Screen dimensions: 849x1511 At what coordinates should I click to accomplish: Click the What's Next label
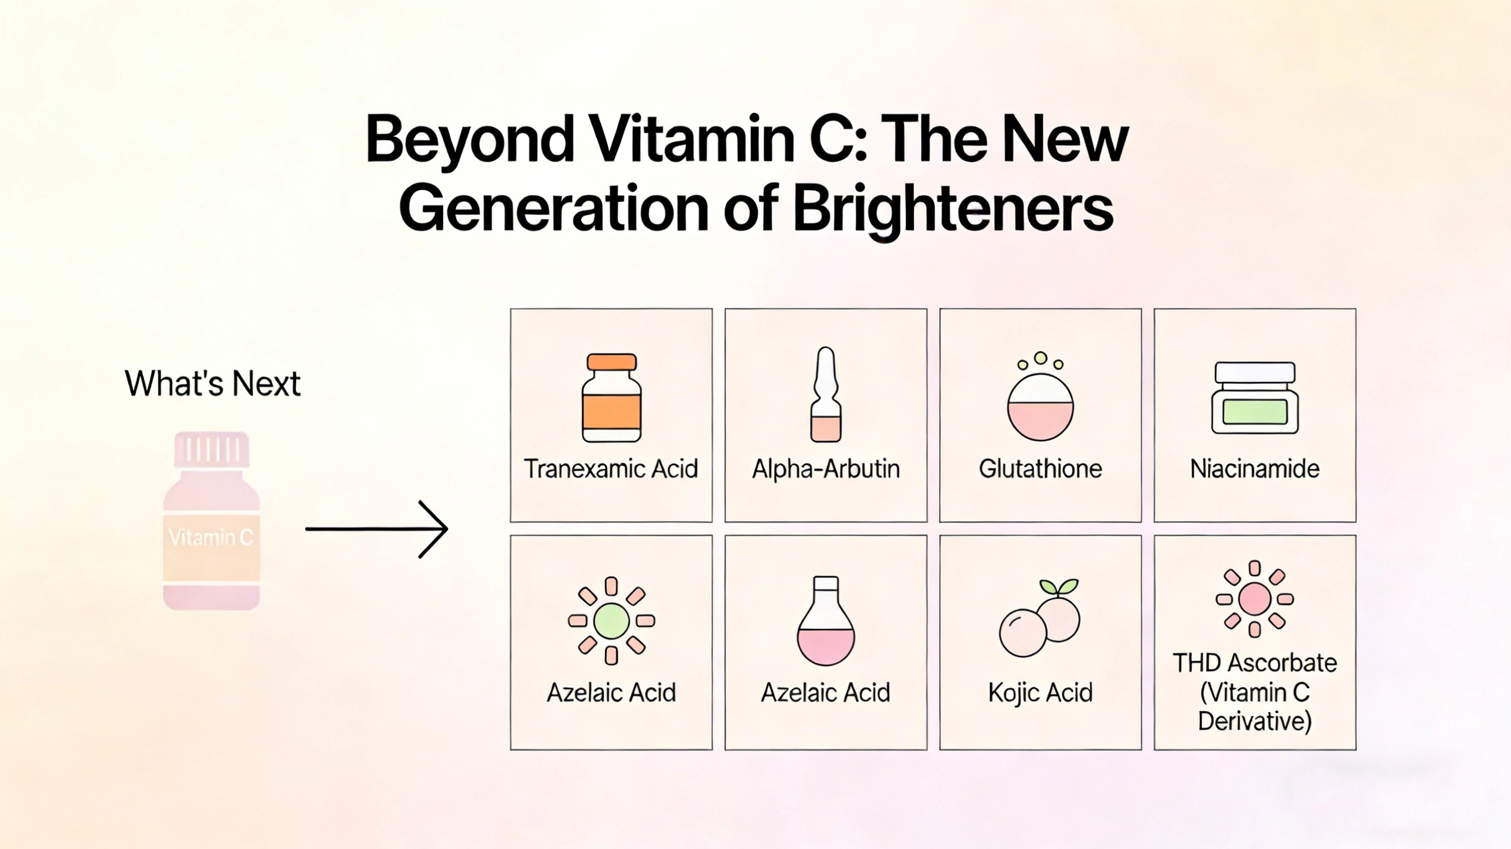(x=213, y=384)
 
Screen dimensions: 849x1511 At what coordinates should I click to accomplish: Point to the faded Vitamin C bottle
(x=211, y=528)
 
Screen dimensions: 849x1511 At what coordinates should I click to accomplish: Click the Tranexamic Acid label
(x=611, y=469)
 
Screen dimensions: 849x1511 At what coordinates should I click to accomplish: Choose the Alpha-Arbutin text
(x=826, y=469)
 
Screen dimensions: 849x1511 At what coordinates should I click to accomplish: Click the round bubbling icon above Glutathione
(x=1041, y=404)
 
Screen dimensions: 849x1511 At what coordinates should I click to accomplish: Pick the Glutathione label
(x=1041, y=469)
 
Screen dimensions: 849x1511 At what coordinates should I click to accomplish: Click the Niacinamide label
(x=1255, y=469)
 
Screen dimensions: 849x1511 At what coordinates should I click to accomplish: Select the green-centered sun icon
(x=611, y=621)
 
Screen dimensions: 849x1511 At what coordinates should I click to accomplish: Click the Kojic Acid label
(x=1041, y=692)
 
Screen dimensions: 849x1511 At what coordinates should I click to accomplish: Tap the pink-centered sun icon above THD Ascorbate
(x=1255, y=598)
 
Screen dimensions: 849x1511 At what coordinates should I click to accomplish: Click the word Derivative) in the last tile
(x=1255, y=721)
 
